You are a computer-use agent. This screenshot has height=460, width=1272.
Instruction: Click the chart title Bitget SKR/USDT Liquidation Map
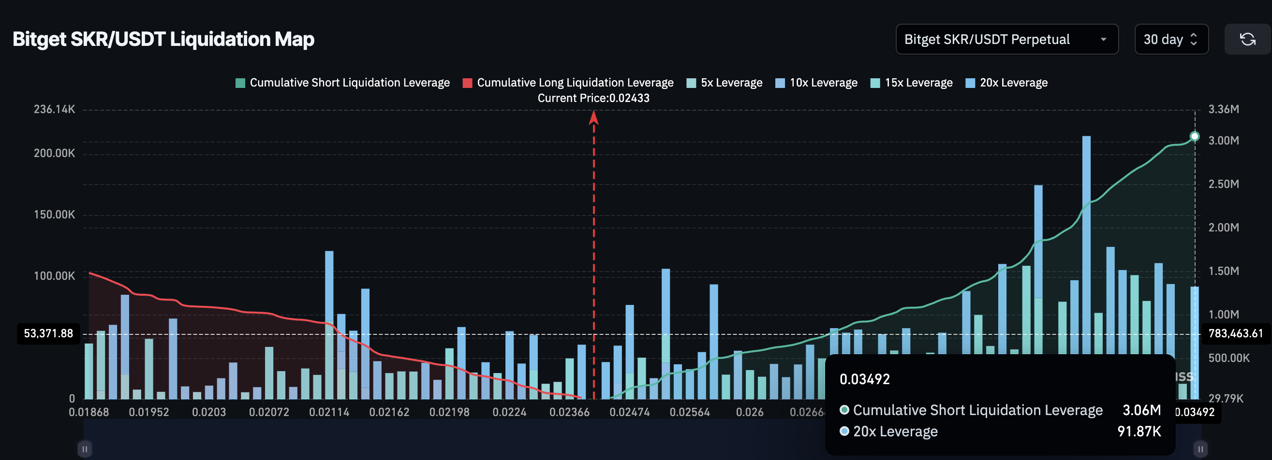[163, 39]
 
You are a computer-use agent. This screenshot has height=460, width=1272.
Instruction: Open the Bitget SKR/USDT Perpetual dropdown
[1006, 39]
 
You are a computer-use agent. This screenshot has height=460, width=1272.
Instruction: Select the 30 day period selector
[1170, 39]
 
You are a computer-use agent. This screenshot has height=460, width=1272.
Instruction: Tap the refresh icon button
[1247, 39]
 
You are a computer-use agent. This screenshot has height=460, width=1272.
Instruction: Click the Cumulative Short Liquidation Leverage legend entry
[343, 83]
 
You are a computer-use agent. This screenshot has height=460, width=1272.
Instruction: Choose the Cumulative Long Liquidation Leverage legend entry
[568, 83]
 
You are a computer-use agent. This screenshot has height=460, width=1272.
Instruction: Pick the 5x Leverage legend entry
[725, 83]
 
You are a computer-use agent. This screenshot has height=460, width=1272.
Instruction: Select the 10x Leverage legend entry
[816, 83]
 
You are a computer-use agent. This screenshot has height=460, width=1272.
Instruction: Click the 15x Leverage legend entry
[912, 83]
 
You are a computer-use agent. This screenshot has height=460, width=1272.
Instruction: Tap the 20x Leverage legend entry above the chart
[1006, 83]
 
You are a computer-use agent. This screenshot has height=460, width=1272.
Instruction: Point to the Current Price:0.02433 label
[593, 98]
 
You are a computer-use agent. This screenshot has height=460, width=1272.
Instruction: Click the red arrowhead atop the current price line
[593, 117]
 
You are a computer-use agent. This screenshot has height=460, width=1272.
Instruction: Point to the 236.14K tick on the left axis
[54, 109]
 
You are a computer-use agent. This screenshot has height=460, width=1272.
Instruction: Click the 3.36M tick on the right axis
[1223, 109]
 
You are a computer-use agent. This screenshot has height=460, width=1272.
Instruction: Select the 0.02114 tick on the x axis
[329, 412]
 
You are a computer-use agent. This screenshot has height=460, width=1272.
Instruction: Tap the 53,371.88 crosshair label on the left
[48, 334]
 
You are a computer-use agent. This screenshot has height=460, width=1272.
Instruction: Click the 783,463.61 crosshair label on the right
[1235, 334]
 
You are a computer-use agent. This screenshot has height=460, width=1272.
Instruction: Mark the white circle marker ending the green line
[1194, 136]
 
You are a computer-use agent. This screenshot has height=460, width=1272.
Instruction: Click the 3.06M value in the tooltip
[1141, 410]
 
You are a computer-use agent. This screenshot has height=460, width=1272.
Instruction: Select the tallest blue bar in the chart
[1086, 247]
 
